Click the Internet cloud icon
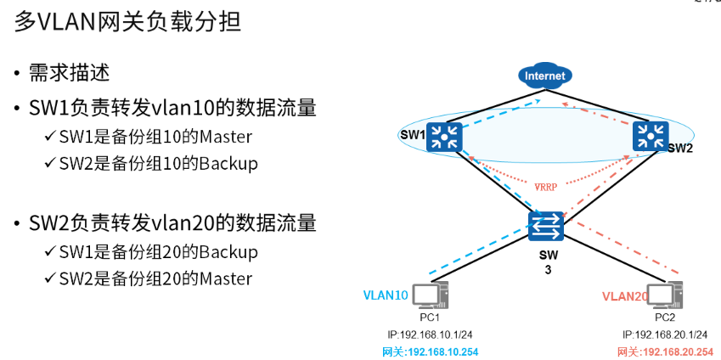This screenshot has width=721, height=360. (545, 76)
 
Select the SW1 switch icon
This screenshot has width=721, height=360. (442, 136)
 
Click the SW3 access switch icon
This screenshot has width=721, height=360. (545, 226)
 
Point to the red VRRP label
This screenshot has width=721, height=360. (546, 185)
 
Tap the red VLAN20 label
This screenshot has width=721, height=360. (625, 296)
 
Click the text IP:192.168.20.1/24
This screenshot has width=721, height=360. (664, 335)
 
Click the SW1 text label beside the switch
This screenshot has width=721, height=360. (412, 135)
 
